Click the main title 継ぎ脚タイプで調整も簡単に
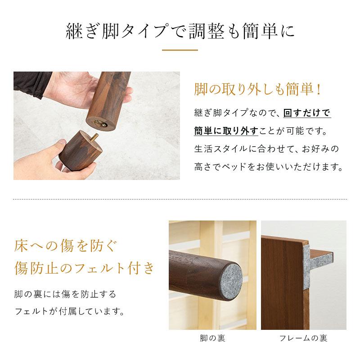click(x=180, y=32)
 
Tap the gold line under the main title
click(x=180, y=50)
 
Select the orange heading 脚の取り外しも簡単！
click(x=258, y=89)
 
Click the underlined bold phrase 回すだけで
click(x=307, y=112)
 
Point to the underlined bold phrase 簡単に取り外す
click(x=226, y=130)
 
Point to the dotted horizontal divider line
click(x=180, y=199)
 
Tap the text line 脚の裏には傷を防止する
click(x=65, y=294)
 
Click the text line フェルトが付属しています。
click(x=69, y=311)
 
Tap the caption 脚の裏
click(x=212, y=338)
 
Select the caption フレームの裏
click(x=303, y=338)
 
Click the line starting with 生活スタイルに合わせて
click(x=266, y=149)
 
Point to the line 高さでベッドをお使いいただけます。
click(x=269, y=167)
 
